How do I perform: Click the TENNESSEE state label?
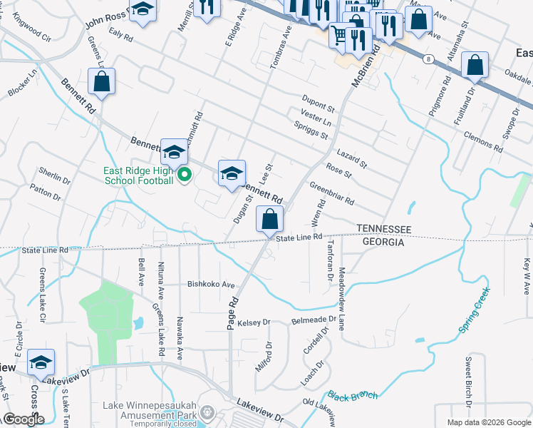click(x=383, y=228)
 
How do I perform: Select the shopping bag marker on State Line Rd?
click(x=269, y=220)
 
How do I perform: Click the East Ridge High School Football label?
click(x=139, y=175)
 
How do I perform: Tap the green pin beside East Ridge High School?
click(x=185, y=174)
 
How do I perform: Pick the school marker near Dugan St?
click(x=232, y=174)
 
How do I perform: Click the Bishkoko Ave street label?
click(x=211, y=284)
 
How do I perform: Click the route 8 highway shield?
click(x=426, y=58)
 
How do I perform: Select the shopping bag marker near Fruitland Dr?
click(x=475, y=66)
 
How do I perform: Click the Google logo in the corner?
click(x=24, y=419)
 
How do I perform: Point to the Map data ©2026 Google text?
click(x=488, y=422)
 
